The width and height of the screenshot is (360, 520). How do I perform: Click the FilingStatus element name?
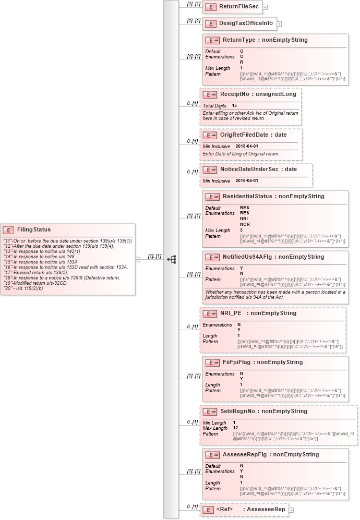(32, 229)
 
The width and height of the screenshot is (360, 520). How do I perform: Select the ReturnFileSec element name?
(239, 7)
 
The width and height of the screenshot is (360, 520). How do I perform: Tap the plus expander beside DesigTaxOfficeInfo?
(279, 24)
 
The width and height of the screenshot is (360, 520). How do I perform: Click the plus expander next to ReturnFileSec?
(265, 7)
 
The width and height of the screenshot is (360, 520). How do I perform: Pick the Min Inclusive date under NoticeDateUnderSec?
(247, 180)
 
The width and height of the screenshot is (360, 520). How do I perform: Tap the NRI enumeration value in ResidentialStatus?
(244, 219)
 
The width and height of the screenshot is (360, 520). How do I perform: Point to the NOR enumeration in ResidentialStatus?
(244, 224)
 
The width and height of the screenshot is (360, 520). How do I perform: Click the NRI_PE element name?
(231, 313)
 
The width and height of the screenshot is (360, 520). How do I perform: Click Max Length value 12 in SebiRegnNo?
(236, 428)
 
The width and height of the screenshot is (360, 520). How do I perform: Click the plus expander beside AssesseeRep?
(291, 510)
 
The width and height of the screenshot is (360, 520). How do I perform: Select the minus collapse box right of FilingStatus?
(137, 259)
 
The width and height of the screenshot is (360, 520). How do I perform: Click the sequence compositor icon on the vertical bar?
(171, 259)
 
